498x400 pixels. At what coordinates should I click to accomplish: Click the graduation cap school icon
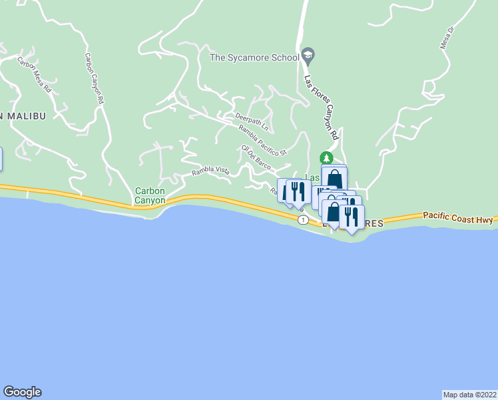308,54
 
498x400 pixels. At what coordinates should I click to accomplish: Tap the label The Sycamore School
254,58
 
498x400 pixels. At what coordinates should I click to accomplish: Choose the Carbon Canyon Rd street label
93,79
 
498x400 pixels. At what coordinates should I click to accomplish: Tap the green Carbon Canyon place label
150,195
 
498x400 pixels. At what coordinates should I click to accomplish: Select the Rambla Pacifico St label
262,141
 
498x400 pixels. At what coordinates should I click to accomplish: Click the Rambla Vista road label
210,172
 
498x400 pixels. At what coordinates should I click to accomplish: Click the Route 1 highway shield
303,220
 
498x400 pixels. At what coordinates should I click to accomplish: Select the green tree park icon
326,158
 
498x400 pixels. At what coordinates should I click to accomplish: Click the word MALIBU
25,116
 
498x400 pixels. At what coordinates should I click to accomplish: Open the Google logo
22,391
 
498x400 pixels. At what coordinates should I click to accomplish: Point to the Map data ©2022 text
469,394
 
